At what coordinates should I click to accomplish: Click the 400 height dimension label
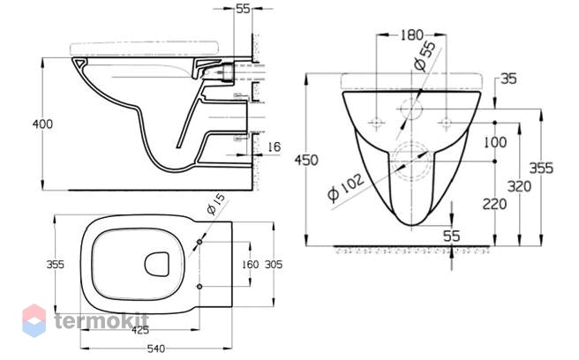click(42, 124)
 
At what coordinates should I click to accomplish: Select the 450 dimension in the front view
click(306, 161)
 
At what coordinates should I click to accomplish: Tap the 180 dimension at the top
click(411, 35)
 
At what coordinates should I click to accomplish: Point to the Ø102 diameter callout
click(346, 187)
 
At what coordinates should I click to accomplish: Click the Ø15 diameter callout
click(215, 204)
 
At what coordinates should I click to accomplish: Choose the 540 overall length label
click(156, 349)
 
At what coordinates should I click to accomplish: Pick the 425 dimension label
click(140, 330)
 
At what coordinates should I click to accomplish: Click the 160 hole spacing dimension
click(251, 265)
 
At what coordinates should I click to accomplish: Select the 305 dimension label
click(274, 265)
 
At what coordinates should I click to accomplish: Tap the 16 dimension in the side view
click(274, 146)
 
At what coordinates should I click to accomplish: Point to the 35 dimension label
click(508, 79)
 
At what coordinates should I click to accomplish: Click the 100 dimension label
click(495, 142)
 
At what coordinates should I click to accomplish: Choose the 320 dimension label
click(519, 186)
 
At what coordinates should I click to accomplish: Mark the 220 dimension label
click(495, 204)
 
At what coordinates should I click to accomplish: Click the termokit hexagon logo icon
click(34, 320)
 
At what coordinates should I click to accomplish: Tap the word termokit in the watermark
click(102, 320)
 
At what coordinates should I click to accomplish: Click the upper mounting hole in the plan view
click(199, 242)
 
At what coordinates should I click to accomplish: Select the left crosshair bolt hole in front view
click(376, 123)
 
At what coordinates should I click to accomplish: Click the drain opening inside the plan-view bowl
click(157, 264)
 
